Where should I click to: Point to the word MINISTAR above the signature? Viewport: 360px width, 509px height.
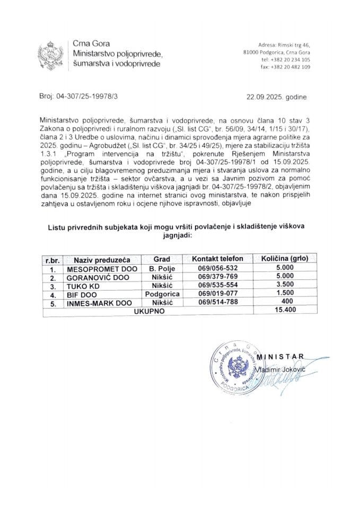[284, 355]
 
